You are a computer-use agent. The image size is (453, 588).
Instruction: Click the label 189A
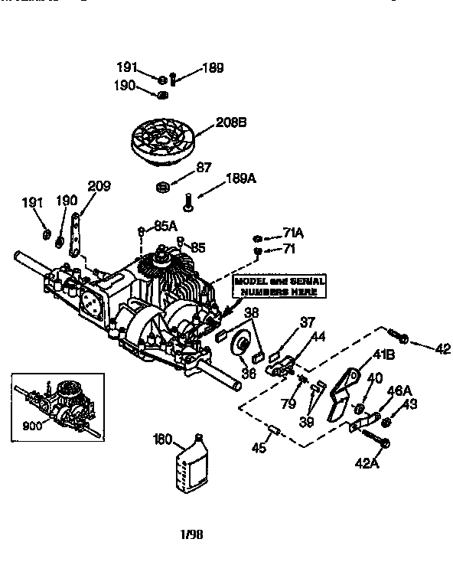pyautogui.click(x=240, y=179)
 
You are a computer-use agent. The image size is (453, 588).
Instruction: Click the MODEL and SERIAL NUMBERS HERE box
pyautogui.click(x=280, y=287)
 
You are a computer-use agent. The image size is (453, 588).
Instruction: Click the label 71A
pyautogui.click(x=293, y=232)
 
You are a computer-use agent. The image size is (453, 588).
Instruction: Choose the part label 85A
pyautogui.click(x=165, y=226)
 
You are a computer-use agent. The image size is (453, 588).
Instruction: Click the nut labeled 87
pyautogui.click(x=161, y=187)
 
